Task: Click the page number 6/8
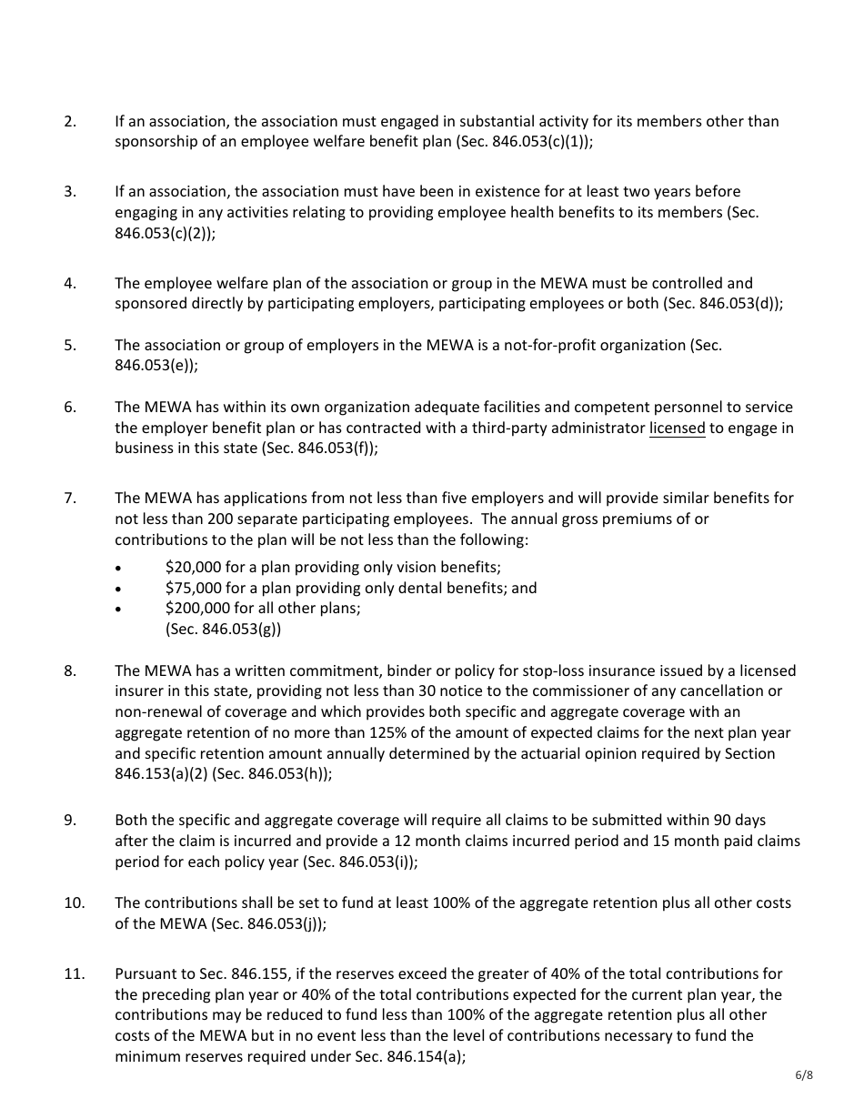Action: (803, 1075)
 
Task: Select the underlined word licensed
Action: (677, 428)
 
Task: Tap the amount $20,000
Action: (193, 567)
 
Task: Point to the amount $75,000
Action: (193, 588)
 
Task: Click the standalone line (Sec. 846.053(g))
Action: (223, 630)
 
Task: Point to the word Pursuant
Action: (145, 974)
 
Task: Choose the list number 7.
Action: (69, 499)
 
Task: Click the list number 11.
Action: (74, 974)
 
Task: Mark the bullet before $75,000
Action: (118, 589)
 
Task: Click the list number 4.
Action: (69, 284)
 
